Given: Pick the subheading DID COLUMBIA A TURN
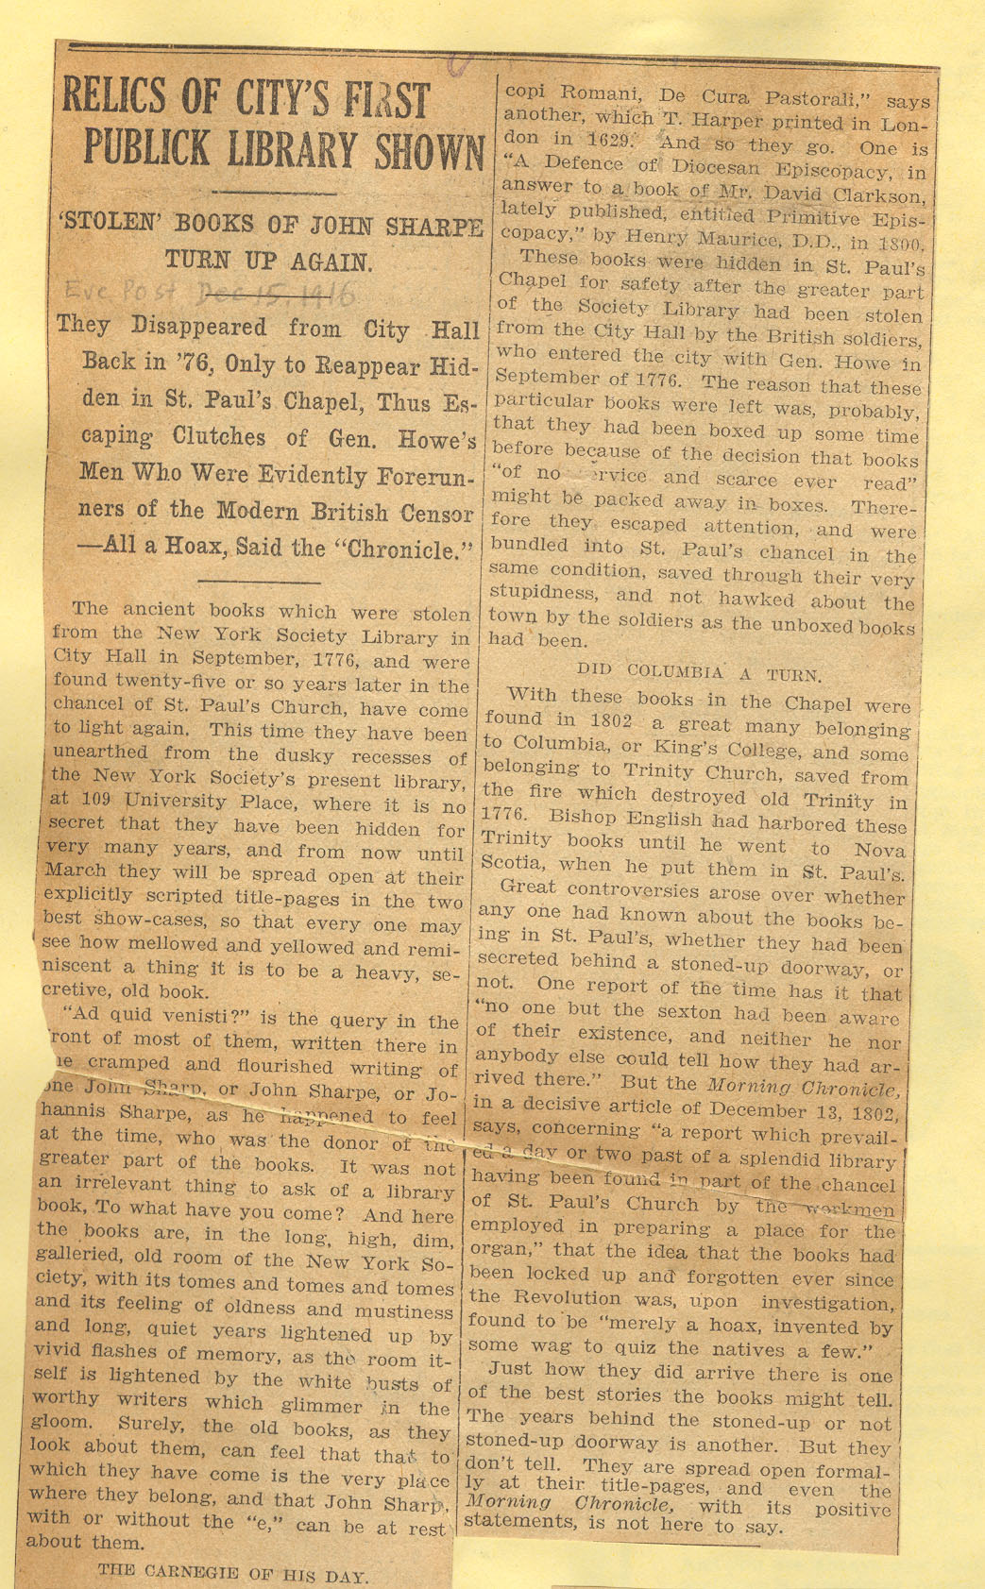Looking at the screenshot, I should click(699, 672).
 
